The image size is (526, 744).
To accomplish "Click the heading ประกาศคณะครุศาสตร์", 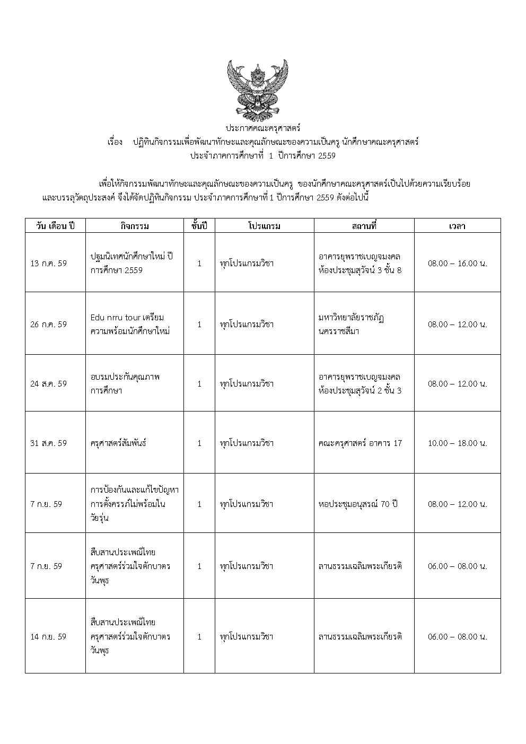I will click(263, 128).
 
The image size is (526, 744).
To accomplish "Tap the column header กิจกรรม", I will click(135, 226).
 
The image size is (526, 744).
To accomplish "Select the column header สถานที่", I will click(364, 226).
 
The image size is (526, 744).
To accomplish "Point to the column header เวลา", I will click(457, 226).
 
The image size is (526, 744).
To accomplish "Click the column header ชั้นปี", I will click(199, 226).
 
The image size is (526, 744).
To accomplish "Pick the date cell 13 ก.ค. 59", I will click(49, 263).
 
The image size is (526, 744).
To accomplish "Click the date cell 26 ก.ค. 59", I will click(49, 324).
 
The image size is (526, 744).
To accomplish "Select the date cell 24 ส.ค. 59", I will click(49, 383).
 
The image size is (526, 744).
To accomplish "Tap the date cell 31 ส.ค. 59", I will click(49, 443).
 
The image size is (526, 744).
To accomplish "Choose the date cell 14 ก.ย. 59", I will click(49, 636).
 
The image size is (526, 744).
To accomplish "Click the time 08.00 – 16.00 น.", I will click(457, 263).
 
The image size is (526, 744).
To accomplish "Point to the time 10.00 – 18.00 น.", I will click(457, 443).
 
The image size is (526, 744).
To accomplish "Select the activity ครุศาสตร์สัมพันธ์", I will click(118, 443).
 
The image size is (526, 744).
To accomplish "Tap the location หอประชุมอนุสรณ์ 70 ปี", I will click(358, 504).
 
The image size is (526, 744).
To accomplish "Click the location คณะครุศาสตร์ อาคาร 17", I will click(360, 443).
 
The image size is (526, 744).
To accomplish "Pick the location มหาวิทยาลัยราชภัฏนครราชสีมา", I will click(352, 324).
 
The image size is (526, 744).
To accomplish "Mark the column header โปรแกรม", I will click(264, 226).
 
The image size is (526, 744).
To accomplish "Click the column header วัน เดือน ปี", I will click(55, 226).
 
